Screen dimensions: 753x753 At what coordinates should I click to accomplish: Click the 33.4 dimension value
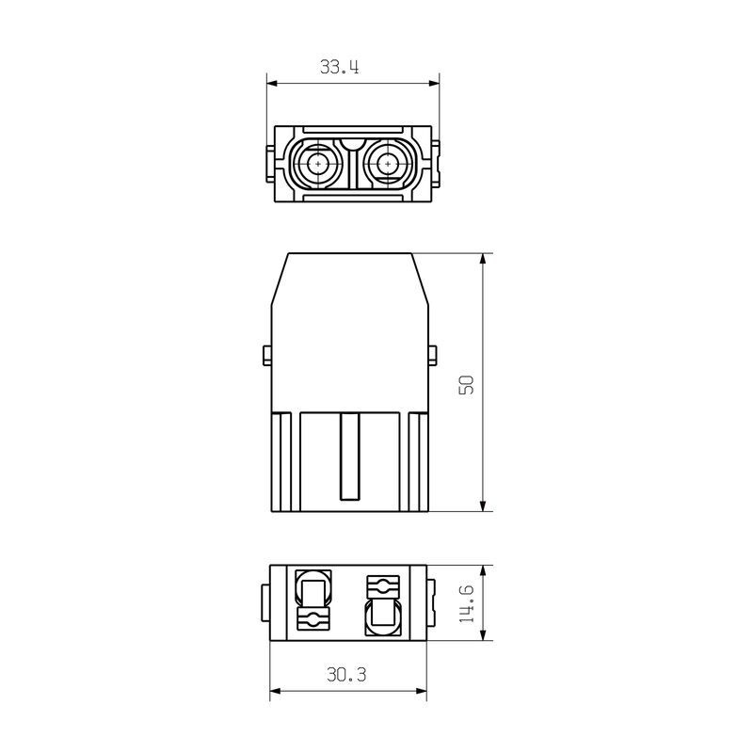tap(340, 67)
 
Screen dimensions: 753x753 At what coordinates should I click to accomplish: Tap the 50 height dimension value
tap(466, 385)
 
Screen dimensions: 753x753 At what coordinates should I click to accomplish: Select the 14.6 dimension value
tap(466, 603)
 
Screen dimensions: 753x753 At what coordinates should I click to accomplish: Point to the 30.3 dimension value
tap(346, 675)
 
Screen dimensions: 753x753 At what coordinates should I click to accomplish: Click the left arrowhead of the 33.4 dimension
tap(272, 84)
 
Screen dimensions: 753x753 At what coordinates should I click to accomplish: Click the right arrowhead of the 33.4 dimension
tap(434, 84)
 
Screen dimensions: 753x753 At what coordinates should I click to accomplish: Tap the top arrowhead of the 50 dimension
tap(483, 260)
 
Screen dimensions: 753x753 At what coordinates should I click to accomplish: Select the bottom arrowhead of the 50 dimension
tap(483, 505)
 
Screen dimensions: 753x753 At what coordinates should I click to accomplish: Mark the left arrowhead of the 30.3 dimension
tap(275, 692)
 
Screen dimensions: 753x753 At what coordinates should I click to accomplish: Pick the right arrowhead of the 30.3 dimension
tap(421, 692)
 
